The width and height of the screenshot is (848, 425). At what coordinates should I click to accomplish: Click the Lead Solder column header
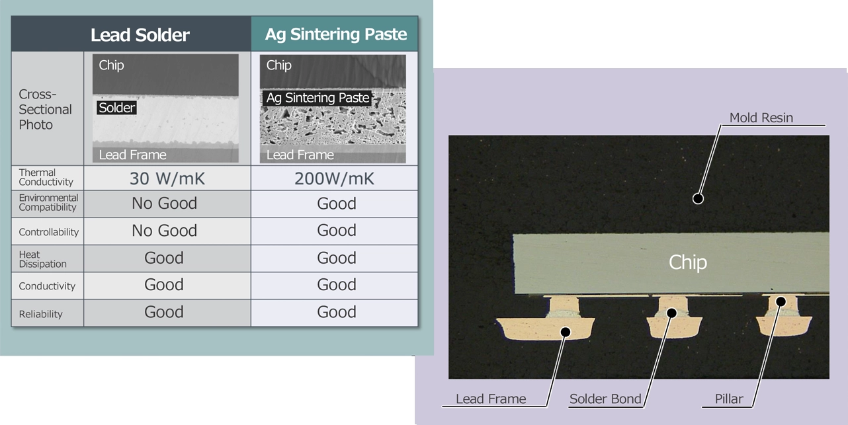point(140,34)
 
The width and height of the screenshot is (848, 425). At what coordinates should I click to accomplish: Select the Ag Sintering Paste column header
point(335,34)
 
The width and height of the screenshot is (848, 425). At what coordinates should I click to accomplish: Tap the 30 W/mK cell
point(164,178)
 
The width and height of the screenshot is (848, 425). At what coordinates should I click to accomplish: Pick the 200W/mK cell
point(336,178)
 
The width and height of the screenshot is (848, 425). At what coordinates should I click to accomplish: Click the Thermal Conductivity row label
point(46,177)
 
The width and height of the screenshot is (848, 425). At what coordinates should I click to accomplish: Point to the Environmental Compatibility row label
point(48,202)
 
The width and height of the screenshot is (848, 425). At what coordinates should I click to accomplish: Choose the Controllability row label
point(48,232)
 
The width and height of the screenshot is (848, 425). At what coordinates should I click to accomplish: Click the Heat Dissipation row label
point(43,259)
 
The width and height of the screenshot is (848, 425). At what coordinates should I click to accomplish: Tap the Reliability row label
point(40,314)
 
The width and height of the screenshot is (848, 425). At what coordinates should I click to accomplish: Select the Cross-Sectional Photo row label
point(45,109)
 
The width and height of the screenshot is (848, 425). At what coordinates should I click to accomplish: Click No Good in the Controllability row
point(164,231)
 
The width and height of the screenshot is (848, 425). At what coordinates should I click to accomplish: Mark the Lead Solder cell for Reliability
point(164,312)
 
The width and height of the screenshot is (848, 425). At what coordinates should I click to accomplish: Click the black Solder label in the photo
point(117,108)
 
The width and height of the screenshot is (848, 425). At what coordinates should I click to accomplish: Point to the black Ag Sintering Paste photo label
point(317,98)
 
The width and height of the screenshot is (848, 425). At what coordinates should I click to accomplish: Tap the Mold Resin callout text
point(761,118)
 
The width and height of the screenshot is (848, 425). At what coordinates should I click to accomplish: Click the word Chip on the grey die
point(688,262)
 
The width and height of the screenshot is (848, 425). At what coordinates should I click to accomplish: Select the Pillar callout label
point(729,399)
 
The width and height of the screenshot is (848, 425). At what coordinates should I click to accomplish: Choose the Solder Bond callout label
point(605,399)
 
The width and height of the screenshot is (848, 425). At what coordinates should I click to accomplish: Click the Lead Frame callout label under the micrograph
point(491,399)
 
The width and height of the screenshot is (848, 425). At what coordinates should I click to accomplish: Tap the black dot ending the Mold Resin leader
point(697,198)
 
